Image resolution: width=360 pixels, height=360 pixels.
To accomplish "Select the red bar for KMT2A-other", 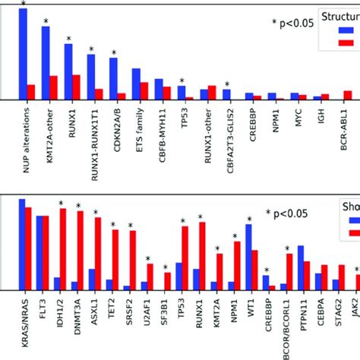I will (x=53, y=88).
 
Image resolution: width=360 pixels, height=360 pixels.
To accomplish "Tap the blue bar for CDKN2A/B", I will (x=113, y=79).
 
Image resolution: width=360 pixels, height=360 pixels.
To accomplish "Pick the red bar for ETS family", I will (x=144, y=91).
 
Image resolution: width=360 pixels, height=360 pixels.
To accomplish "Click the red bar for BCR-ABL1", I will (x=348, y=96).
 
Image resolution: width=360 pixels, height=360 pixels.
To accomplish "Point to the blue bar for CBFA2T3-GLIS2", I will (x=226, y=95).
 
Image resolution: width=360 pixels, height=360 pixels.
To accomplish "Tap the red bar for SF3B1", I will (x=168, y=282).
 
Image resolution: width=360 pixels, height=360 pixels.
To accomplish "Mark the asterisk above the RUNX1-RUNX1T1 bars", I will (x=91, y=51).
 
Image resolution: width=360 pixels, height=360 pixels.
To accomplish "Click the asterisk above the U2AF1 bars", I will (x=148, y=258).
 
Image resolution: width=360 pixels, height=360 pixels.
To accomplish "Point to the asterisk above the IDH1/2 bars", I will (x=60, y=204).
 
